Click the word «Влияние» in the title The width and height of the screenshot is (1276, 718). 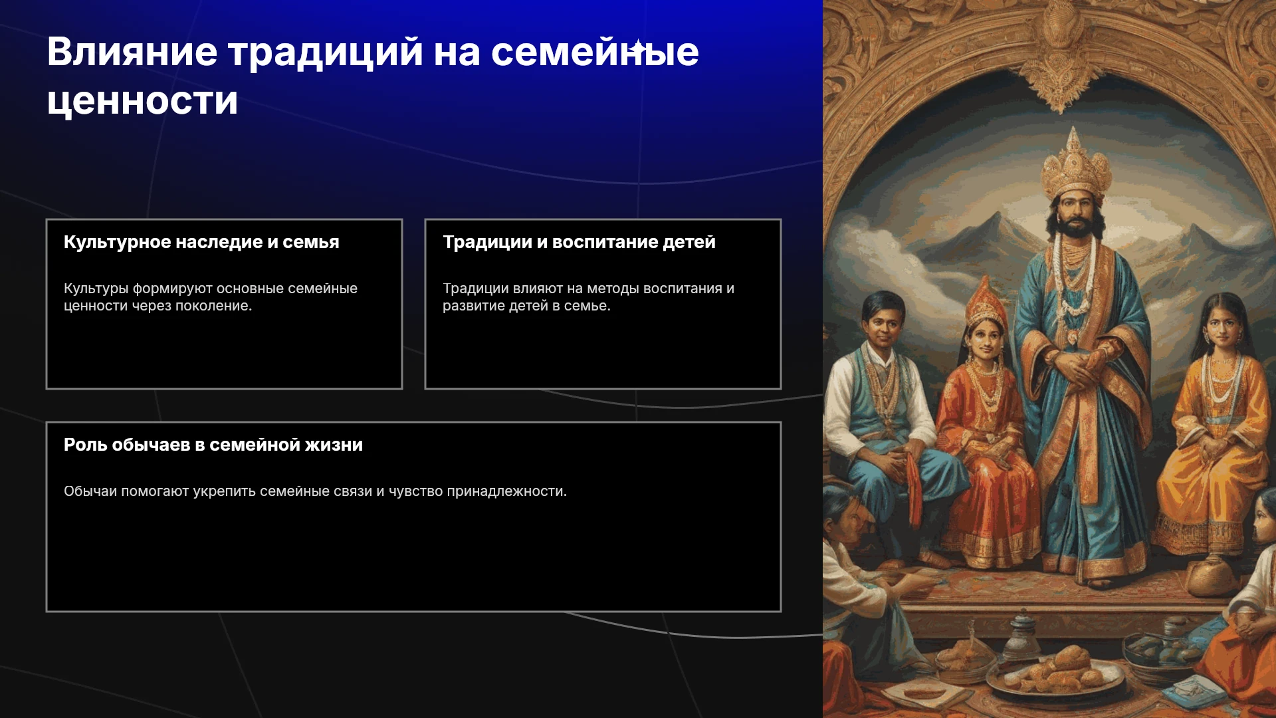click(132, 52)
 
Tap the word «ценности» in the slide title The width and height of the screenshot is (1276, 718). click(142, 101)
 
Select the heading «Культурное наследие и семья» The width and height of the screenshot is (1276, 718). click(201, 242)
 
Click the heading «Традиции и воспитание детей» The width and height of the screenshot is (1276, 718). click(579, 242)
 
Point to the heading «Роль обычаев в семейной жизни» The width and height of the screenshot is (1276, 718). click(213, 445)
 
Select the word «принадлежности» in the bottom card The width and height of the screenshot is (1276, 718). click(507, 492)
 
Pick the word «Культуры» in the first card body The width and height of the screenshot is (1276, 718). click(96, 289)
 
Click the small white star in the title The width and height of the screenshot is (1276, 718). click(638, 47)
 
